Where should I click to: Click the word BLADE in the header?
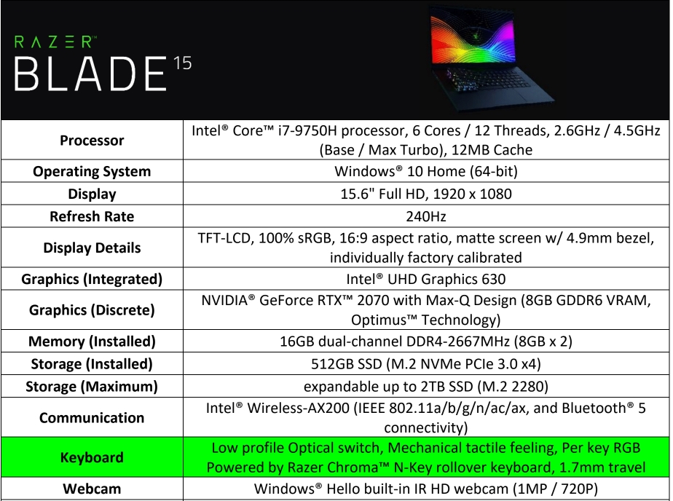tap(90, 74)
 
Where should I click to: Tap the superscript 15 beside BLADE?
tap(183, 63)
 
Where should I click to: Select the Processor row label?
tap(92, 141)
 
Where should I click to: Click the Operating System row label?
tap(92, 172)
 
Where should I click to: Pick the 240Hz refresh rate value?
tap(426, 216)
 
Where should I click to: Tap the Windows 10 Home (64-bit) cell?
tap(426, 171)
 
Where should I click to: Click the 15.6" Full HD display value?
tap(426, 194)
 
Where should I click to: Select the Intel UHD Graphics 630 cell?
tap(426, 279)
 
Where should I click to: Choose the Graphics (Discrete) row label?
tap(92, 310)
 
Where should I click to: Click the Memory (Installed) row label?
tap(92, 342)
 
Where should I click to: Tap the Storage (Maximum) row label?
tap(92, 387)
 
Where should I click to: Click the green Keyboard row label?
tap(92, 457)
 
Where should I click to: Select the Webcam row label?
tap(92, 489)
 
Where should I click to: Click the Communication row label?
tap(92, 418)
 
